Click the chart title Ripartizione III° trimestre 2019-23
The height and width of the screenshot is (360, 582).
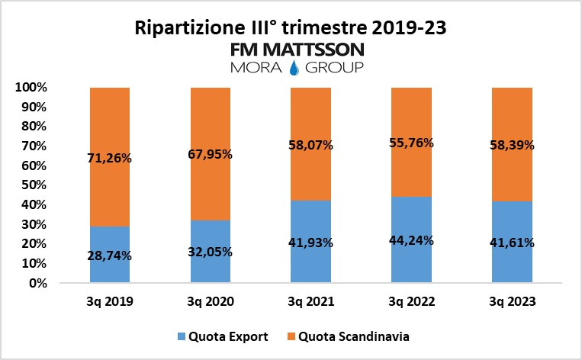pyautogui.click(x=291, y=29)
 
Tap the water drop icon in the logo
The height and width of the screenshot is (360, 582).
pyautogui.click(x=291, y=68)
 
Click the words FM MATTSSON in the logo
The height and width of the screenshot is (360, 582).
pyautogui.click(x=291, y=50)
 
